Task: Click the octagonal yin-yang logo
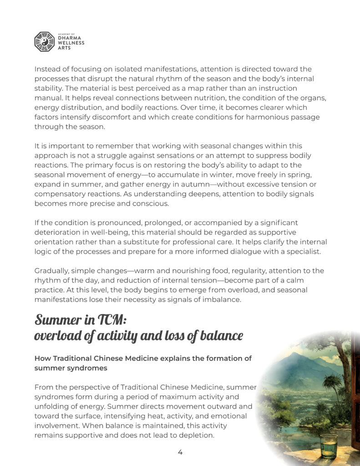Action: click(x=44, y=41)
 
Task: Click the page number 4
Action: click(x=180, y=452)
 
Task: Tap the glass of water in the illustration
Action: click(x=328, y=446)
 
